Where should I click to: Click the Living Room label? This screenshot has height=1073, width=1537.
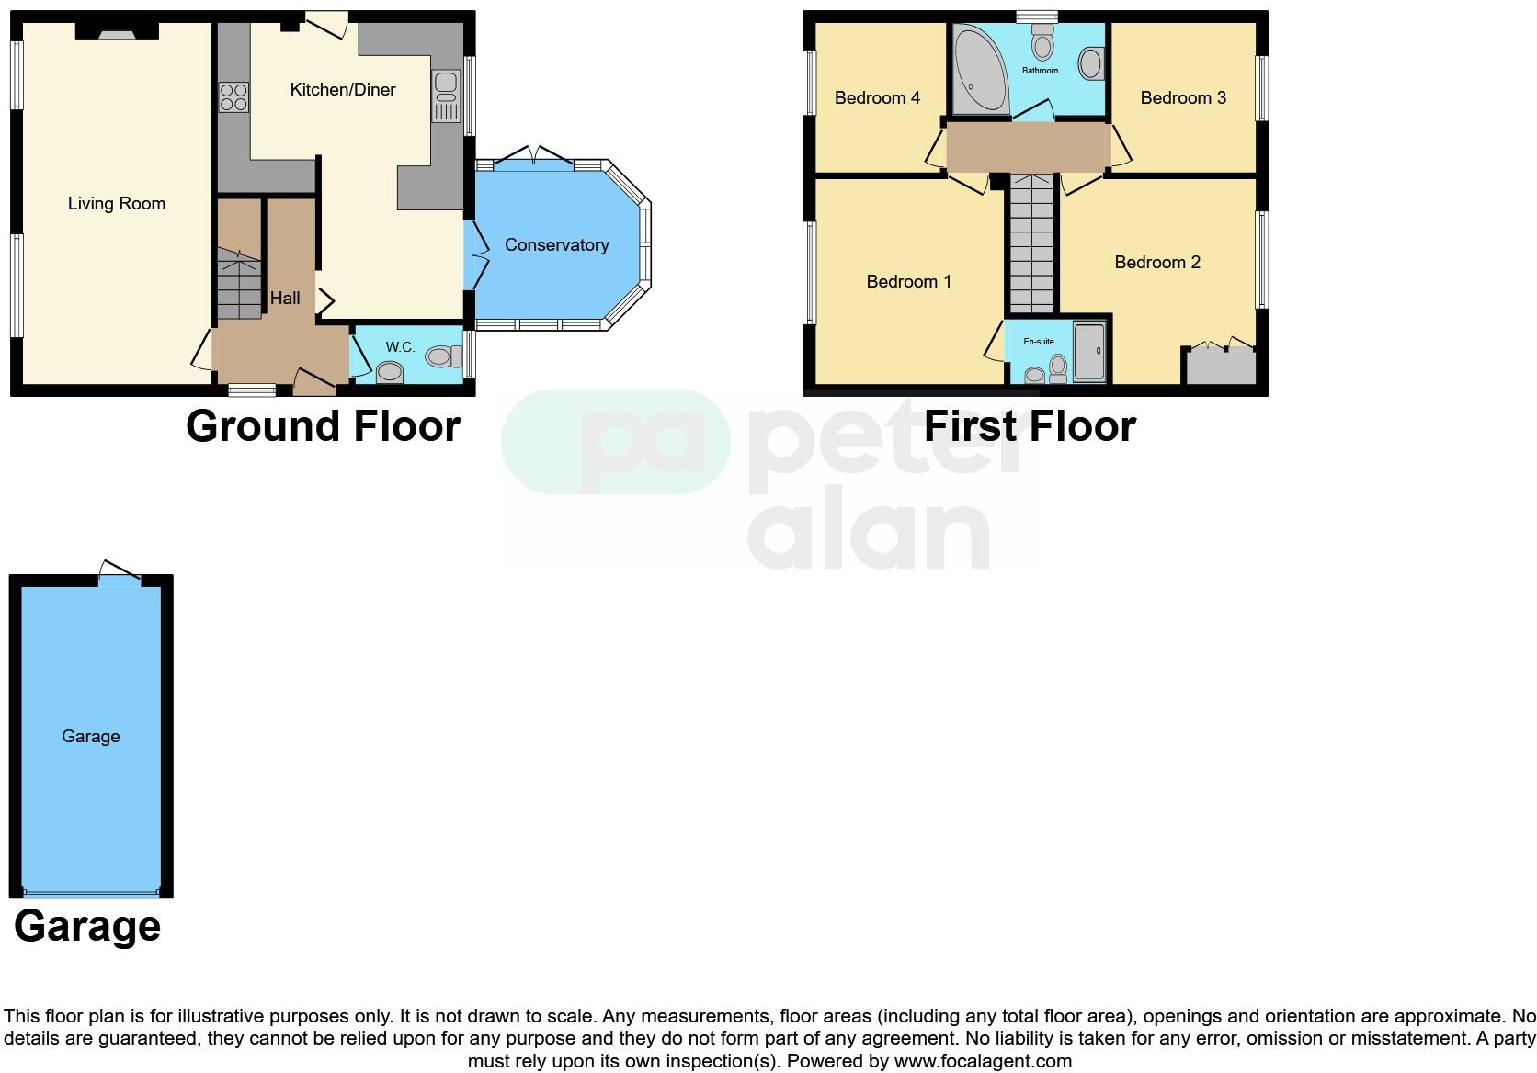(117, 204)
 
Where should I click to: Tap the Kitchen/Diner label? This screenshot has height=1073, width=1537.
(343, 89)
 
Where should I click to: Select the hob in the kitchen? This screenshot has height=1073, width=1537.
(233, 97)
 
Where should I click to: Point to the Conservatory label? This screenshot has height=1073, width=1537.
(556, 245)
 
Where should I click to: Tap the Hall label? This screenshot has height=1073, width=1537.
(285, 299)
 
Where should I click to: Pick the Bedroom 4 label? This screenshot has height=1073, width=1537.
(877, 98)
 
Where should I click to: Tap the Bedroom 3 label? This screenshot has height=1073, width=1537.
(1183, 98)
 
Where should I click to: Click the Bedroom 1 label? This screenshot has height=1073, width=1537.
(908, 282)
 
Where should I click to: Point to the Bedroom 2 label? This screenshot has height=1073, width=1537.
(1157, 263)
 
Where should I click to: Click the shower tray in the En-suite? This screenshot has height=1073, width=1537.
(1089, 351)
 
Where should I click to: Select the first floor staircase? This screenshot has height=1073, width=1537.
(1031, 243)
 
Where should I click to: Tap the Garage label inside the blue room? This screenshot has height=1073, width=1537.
(91, 737)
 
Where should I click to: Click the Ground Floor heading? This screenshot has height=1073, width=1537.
(323, 426)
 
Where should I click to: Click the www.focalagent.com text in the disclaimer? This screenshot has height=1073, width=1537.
(982, 1061)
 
